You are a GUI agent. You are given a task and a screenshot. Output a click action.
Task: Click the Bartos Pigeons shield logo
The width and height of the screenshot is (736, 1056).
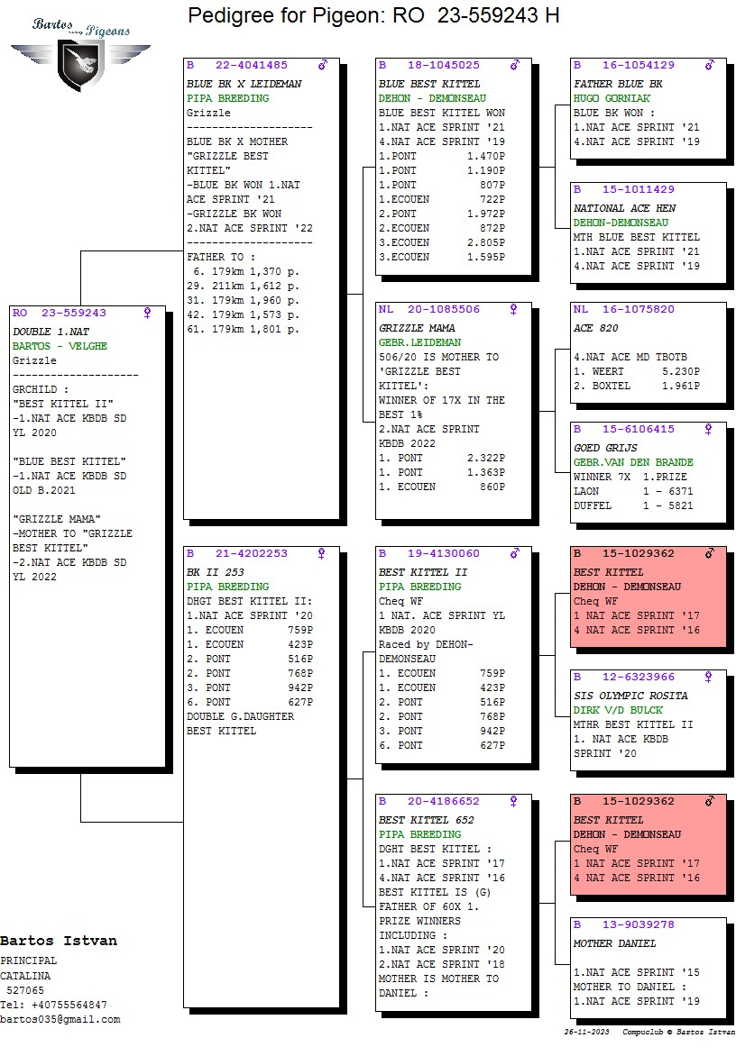pos(81,64)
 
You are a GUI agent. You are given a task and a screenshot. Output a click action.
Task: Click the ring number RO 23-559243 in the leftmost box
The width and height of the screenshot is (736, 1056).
pos(60,313)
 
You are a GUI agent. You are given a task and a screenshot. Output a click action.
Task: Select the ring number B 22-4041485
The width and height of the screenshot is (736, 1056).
pos(236,65)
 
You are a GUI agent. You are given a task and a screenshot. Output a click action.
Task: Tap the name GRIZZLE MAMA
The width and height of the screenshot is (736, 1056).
pos(417,328)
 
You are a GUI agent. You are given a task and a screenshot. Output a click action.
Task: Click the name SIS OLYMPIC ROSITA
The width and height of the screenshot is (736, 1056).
pos(630,696)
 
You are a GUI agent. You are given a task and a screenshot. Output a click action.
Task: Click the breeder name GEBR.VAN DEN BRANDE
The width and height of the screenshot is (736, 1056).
pos(633,462)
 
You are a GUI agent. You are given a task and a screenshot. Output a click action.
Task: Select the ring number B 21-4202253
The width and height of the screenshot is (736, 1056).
pos(236,553)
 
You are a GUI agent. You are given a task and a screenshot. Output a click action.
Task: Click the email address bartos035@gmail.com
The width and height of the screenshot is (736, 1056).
pos(60,1020)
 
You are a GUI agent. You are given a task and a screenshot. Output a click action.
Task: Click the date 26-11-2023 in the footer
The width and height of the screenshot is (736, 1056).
pos(586,1032)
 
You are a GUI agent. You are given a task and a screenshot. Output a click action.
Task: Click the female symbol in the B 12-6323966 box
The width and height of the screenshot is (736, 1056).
pos(708,678)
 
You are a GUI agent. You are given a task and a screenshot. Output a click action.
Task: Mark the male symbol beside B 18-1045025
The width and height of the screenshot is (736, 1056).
pos(515,65)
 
